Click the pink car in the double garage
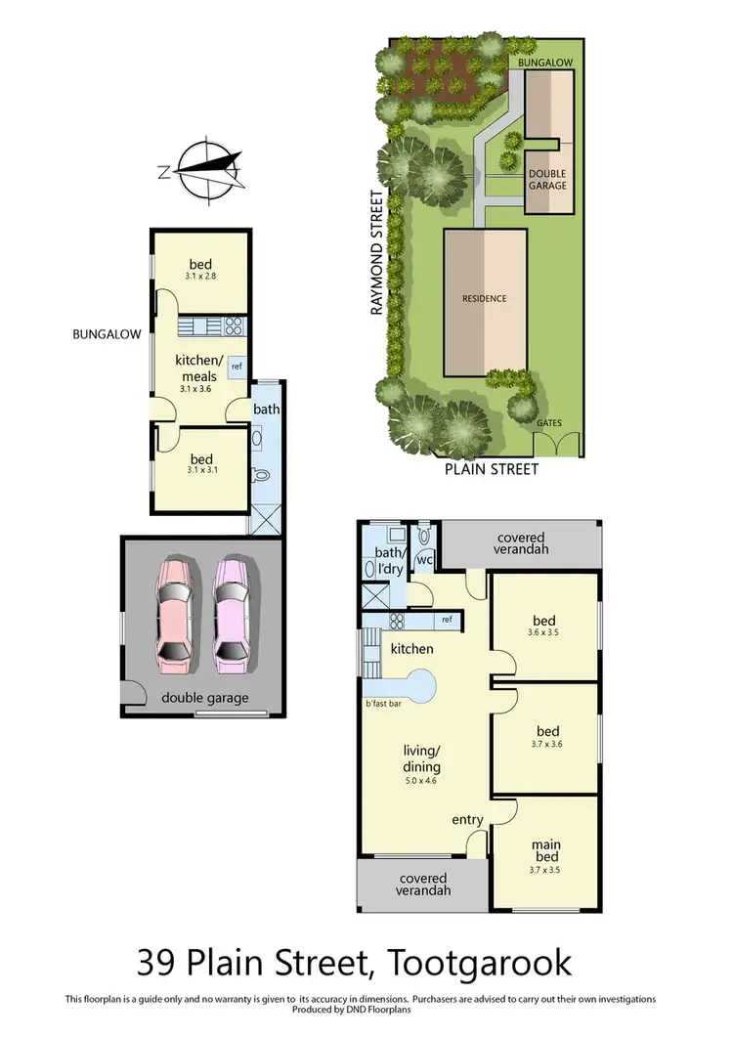(x=175, y=615)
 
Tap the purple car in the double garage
(x=233, y=615)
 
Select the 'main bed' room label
(x=545, y=850)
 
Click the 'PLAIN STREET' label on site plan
(x=492, y=469)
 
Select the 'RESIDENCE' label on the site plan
(x=485, y=299)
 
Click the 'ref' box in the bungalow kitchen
(x=237, y=367)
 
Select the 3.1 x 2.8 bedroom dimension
(x=199, y=277)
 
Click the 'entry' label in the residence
(x=468, y=819)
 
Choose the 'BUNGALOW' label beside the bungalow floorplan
(x=108, y=333)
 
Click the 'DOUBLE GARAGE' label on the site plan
(x=547, y=178)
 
